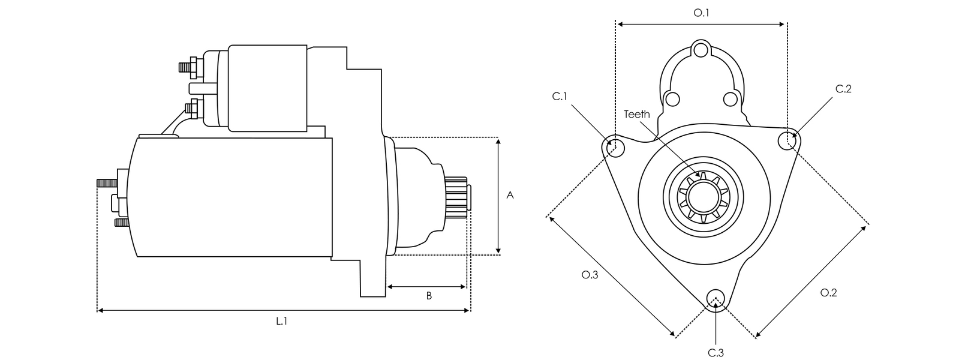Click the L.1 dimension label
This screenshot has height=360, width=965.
(x=282, y=322)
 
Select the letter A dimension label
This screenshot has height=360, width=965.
(x=510, y=196)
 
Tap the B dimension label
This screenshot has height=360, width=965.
(x=429, y=296)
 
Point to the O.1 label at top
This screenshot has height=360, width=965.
(x=701, y=12)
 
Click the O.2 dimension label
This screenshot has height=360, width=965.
(x=828, y=292)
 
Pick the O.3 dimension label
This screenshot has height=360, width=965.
(x=590, y=275)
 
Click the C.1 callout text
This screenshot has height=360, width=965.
(x=560, y=97)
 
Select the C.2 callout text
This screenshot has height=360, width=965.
(x=843, y=89)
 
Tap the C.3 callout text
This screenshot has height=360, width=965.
(x=716, y=352)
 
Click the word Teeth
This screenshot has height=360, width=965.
(x=636, y=114)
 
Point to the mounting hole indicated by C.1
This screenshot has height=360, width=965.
(x=614, y=145)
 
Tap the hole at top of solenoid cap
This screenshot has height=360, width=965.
(x=701, y=50)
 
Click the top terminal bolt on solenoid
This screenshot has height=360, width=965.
(x=187, y=66)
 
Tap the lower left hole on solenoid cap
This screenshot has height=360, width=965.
(x=672, y=98)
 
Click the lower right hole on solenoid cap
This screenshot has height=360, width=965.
(x=730, y=98)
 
